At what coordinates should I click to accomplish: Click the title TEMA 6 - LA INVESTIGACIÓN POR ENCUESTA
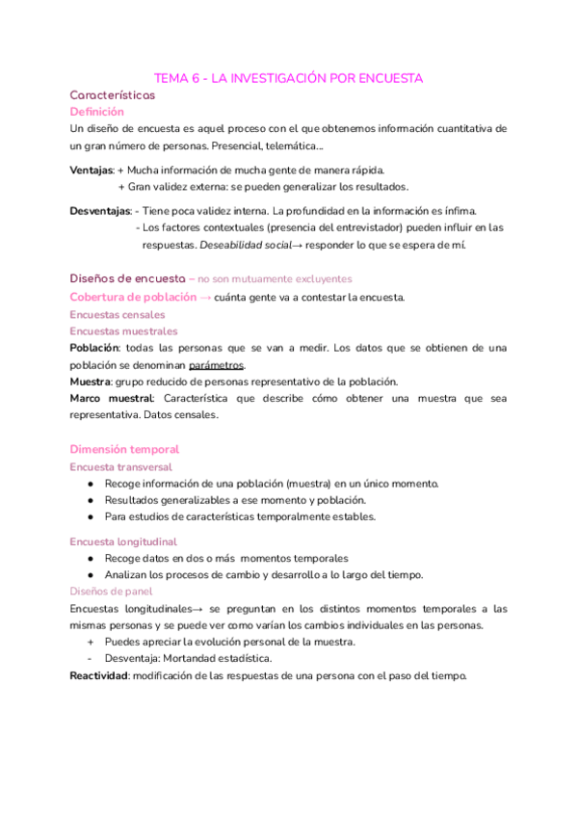tap(289, 78)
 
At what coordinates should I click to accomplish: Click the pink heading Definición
tap(97, 112)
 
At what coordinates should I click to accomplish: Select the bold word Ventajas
tap(91, 170)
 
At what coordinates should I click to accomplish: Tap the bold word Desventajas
tap(100, 211)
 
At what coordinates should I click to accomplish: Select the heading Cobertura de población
tap(131, 297)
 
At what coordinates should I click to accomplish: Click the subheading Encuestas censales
tap(118, 314)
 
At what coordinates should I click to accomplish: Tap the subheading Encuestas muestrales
tap(123, 330)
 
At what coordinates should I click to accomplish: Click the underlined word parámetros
tap(217, 365)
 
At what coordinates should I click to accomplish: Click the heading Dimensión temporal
tap(124, 449)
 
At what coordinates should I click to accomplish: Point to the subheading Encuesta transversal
tap(121, 466)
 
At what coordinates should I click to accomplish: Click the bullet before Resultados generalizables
tap(90, 500)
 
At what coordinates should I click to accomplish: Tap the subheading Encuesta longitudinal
tap(123, 541)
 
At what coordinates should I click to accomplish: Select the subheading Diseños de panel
tap(111, 592)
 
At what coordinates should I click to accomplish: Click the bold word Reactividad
tap(99, 675)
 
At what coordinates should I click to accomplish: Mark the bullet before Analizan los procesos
tap(90, 575)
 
